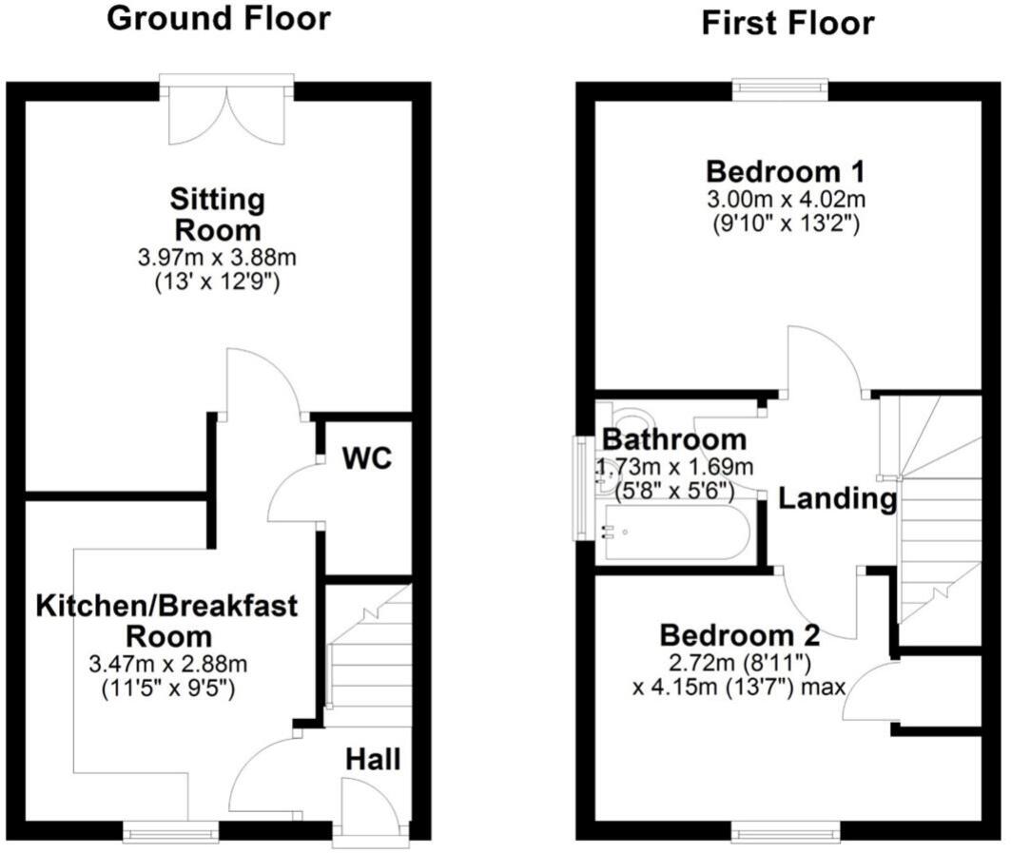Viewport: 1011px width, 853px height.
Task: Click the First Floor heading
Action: [x=787, y=23]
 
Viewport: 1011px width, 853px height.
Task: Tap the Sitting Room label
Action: [x=217, y=215]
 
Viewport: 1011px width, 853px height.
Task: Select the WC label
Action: [x=367, y=458]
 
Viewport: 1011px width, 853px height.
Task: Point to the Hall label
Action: [x=372, y=759]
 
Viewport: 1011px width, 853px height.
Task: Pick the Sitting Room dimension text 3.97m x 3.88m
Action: [x=217, y=258]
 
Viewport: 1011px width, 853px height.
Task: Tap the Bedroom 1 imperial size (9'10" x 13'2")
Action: [x=786, y=224]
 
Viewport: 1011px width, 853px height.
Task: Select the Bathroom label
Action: [x=674, y=440]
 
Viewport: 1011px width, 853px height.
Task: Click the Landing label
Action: [x=837, y=498]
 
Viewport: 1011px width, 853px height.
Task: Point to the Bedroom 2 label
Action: [x=740, y=634]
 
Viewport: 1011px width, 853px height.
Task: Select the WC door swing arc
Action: [x=291, y=494]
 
